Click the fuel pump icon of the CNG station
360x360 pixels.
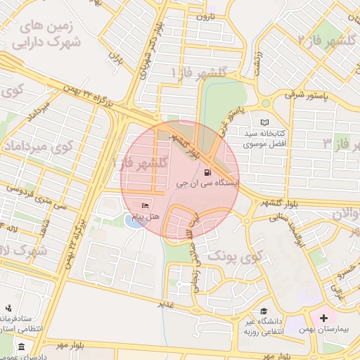207,172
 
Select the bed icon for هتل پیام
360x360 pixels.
146,206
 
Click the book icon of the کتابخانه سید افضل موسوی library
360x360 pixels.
264,122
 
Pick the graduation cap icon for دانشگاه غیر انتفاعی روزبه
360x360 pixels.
263,311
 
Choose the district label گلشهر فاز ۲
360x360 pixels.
329,39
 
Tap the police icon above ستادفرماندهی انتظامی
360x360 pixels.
9,309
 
